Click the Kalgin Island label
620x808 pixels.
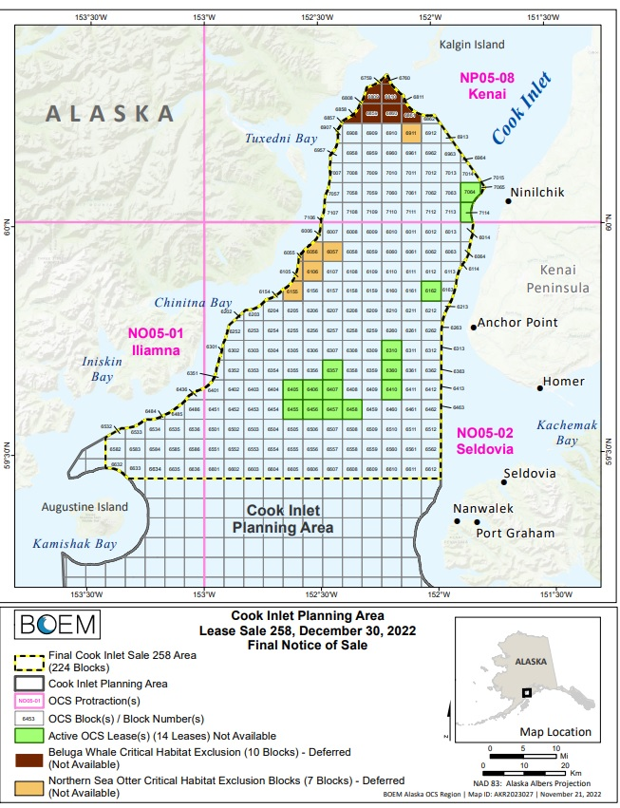coord(472,45)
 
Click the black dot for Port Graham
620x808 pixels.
coord(478,522)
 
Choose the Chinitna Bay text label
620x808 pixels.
coord(194,302)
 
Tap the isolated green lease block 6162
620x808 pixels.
coord(430,291)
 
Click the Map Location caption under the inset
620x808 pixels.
coord(555,732)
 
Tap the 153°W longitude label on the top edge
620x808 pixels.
coord(204,16)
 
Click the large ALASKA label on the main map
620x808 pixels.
coord(111,113)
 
